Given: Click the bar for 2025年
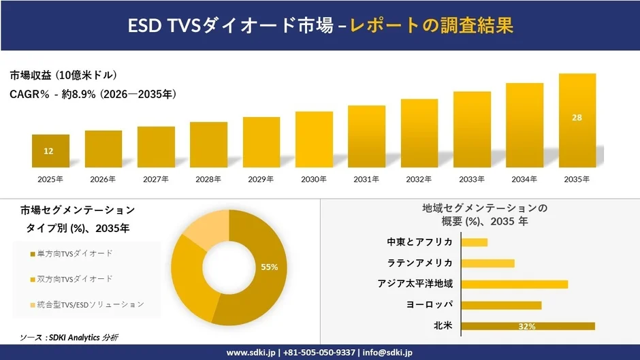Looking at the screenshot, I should click(x=50, y=151).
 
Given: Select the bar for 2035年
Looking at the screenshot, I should click(x=577, y=120).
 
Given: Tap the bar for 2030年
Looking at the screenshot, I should click(x=314, y=140).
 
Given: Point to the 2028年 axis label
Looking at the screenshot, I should click(x=208, y=179).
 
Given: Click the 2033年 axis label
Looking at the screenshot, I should click(x=472, y=179).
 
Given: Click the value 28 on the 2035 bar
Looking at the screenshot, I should click(x=577, y=118).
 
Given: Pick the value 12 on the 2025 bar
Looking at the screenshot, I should click(x=48, y=151).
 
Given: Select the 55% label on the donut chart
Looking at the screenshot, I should click(x=270, y=267).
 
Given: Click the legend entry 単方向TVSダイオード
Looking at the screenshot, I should click(x=75, y=254).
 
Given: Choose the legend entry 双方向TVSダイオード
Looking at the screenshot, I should click(x=75, y=279).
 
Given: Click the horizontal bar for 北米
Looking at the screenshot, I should click(x=528, y=326).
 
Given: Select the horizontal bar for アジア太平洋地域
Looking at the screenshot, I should click(x=514, y=284).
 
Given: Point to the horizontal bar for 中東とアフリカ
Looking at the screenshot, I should click(x=474, y=242).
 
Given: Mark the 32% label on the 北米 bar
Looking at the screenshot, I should click(x=526, y=327).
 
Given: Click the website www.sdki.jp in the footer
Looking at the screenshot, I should click(x=251, y=353).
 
